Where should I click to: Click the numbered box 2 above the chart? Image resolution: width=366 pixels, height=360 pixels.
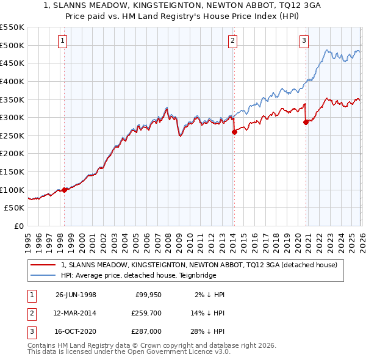(x=233, y=41)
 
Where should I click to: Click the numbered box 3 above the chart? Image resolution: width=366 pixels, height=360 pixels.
(x=304, y=41)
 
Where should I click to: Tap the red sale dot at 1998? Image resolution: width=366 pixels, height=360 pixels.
(x=65, y=190)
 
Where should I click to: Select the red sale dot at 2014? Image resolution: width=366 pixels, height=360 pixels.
(x=234, y=131)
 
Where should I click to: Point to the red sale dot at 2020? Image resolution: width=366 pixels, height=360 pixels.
(x=305, y=121)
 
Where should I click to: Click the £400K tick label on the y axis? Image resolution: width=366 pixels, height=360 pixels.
(x=12, y=81)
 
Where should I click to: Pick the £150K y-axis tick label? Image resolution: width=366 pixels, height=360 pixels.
(x=12, y=171)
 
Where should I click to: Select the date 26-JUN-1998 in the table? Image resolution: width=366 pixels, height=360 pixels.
(x=76, y=295)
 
